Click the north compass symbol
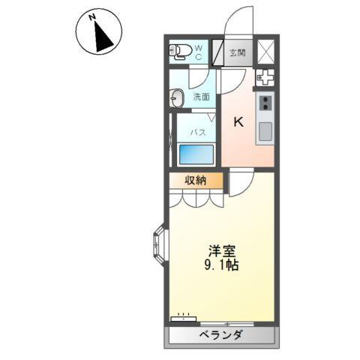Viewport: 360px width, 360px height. pos(98,33)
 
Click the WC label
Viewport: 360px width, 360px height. pos(199,52)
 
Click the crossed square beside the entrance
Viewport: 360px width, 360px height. pos(266,52)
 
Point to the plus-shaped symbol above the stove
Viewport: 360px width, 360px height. pos(265,77)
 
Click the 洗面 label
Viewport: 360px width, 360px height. pos(200,97)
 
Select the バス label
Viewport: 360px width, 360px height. pos(197,132)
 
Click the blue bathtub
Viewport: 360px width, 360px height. pos(196,154)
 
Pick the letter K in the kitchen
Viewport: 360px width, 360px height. pos(238,122)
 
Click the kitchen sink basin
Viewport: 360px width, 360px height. pos(266,132)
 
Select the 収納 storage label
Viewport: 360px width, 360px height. pos(197,180)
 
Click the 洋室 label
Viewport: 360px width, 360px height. pos(220,251)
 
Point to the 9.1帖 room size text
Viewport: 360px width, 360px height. pos(220,265)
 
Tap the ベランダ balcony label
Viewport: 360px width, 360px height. pos(220,336)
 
